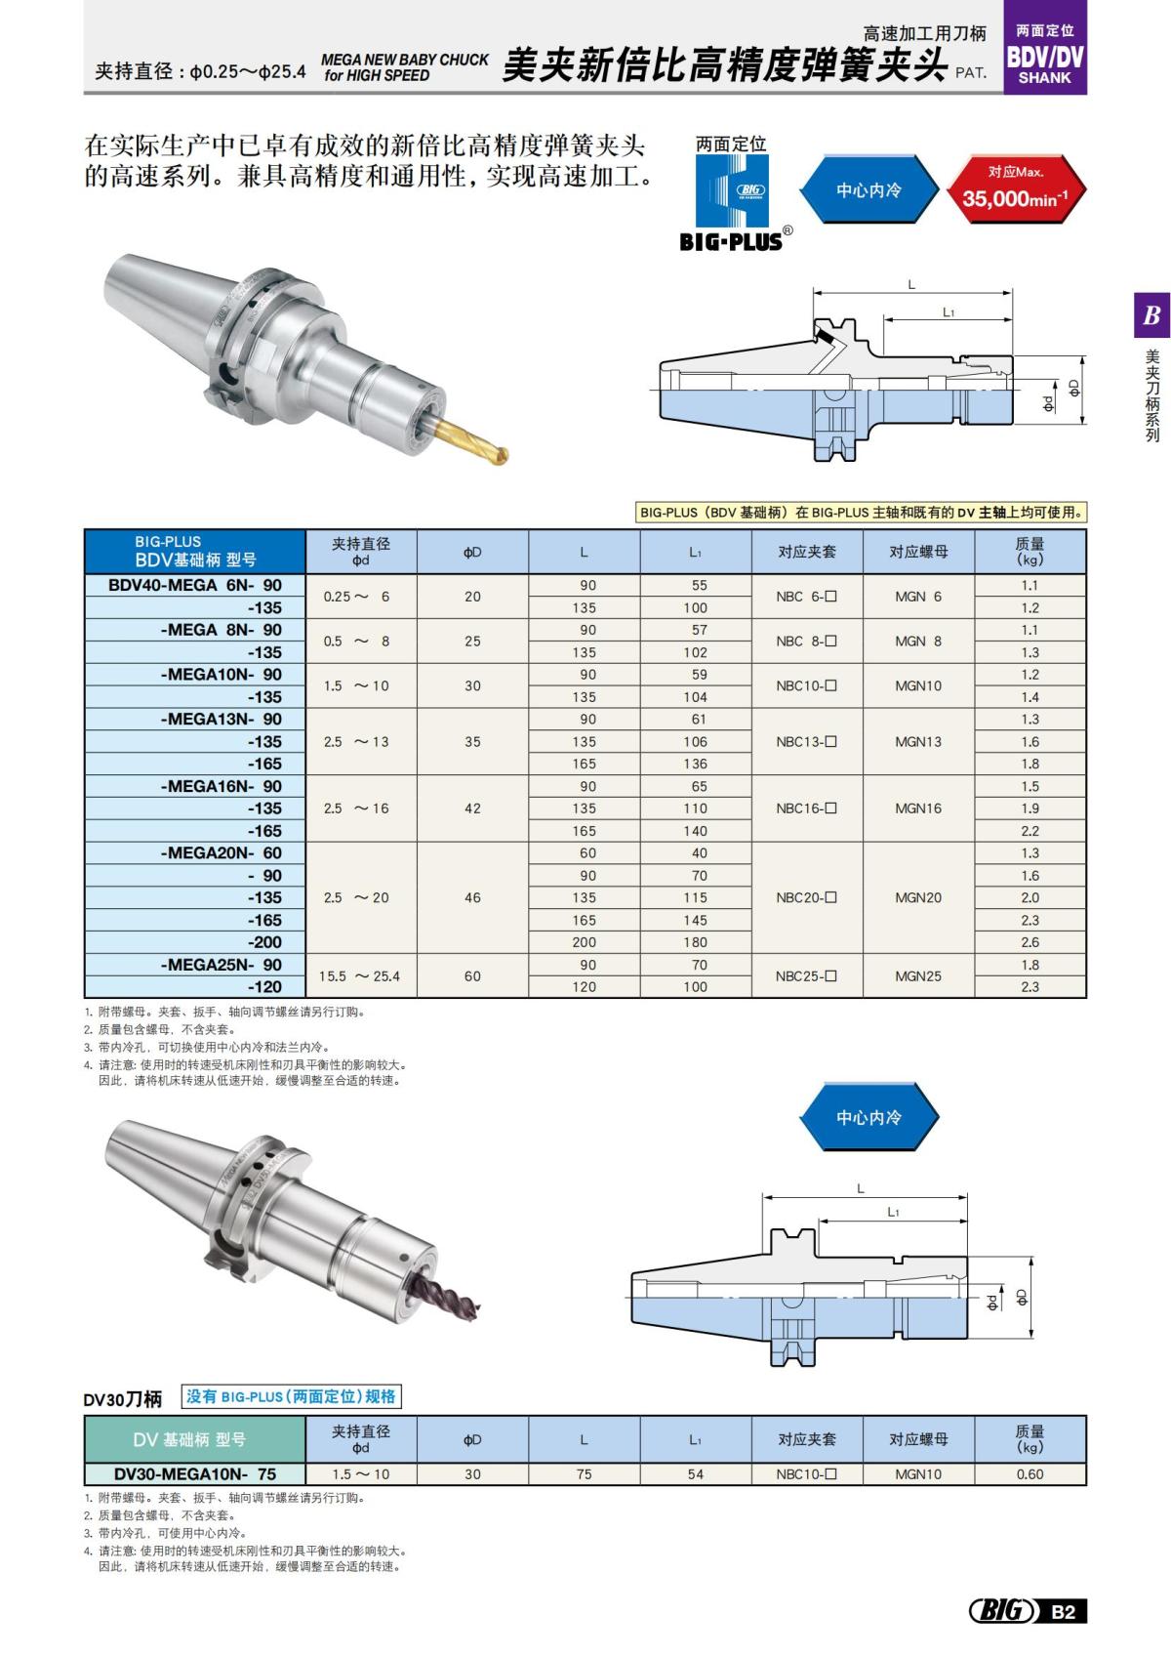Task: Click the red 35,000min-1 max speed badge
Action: (1015, 189)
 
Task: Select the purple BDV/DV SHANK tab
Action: (1044, 56)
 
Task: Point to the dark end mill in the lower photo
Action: (444, 1295)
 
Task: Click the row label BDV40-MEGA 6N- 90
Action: (195, 585)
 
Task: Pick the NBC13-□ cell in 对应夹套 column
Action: (806, 741)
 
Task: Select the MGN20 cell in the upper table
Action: (918, 897)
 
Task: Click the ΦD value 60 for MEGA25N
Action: (472, 975)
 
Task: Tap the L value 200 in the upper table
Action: (584, 942)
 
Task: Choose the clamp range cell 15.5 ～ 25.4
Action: (361, 975)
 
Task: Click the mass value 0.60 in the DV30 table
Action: (1030, 1474)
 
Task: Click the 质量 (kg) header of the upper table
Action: (1030, 552)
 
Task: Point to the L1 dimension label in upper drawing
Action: (948, 311)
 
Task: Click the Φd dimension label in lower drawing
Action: (992, 1303)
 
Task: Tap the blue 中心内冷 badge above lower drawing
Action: (868, 1117)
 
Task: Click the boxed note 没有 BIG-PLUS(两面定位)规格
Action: (292, 1396)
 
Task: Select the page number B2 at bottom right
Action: (1064, 1611)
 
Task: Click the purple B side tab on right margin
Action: (1151, 315)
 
